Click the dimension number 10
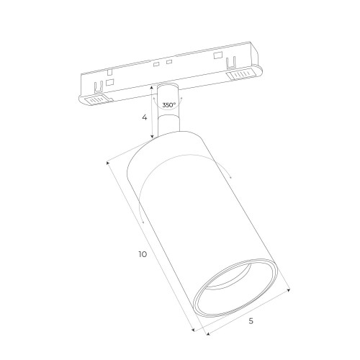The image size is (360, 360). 144,254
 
